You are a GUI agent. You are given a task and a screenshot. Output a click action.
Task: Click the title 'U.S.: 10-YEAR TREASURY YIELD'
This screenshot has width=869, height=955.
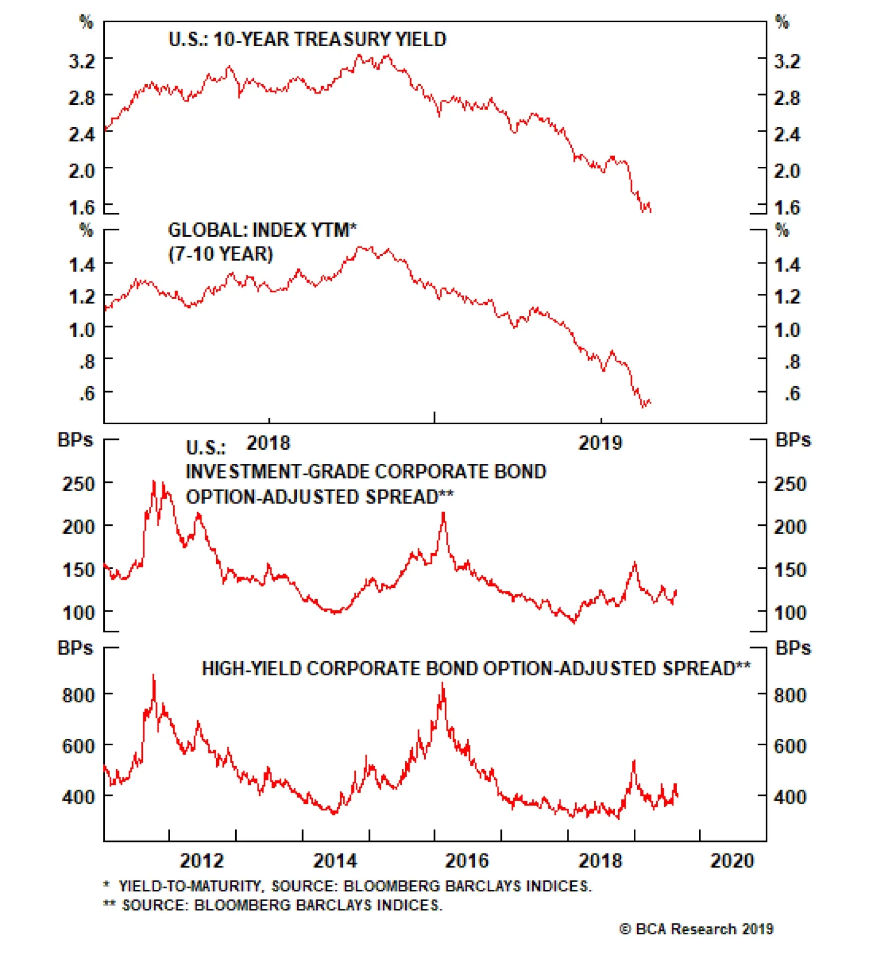coord(307,40)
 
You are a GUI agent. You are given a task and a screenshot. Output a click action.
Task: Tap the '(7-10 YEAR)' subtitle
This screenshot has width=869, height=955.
coord(221,254)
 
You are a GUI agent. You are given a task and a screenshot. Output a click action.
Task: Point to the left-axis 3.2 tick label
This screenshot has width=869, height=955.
coord(81,61)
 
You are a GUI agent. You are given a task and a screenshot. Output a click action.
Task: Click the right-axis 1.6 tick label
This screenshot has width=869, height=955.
coord(787,208)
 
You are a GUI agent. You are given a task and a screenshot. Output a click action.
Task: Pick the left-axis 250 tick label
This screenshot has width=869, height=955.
coord(79,484)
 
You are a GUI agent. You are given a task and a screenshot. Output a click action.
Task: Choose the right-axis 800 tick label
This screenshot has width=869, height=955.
coord(790,695)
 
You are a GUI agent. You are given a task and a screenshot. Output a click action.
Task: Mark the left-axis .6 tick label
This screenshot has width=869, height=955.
coord(87,393)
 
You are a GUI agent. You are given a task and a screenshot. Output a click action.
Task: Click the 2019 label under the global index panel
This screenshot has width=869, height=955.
coord(600,443)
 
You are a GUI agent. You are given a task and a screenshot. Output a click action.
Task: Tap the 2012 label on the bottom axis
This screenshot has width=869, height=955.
coord(201,861)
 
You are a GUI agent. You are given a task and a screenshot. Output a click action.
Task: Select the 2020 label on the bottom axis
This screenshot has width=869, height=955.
coord(732,861)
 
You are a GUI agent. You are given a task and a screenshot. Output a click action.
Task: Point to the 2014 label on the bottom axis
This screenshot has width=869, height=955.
coord(335,861)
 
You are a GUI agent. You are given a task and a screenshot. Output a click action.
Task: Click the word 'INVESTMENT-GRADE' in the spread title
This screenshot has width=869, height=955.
coord(244,472)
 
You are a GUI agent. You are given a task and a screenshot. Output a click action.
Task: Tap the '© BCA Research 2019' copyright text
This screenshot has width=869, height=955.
coord(696,929)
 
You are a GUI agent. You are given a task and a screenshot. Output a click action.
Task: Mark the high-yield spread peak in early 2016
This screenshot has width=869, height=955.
coord(443,684)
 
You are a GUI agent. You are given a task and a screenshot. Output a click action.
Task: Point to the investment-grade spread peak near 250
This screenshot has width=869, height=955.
coord(154,481)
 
